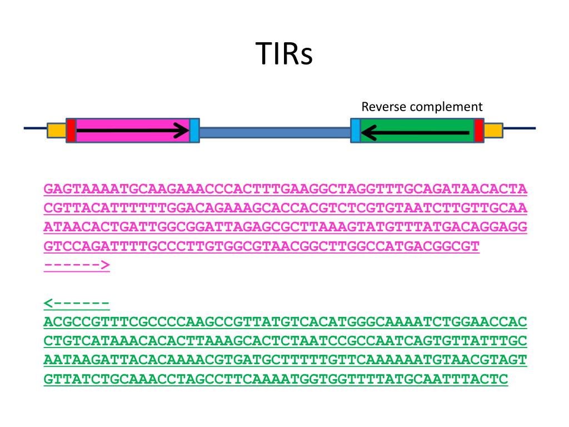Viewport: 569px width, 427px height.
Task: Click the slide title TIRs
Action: [x=284, y=54]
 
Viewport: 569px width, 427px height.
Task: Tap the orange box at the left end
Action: [x=56, y=130]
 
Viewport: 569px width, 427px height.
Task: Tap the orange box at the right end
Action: [x=493, y=130]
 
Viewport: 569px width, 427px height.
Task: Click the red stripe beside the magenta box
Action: [x=71, y=130]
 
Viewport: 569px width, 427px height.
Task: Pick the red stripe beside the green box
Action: [x=478, y=130]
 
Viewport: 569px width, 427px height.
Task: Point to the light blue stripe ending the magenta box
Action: [x=194, y=130]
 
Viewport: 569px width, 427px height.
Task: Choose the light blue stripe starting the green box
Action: [x=355, y=130]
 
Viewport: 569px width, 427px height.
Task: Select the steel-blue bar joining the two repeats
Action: [x=274, y=132]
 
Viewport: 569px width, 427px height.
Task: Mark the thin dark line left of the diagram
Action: [x=35, y=128]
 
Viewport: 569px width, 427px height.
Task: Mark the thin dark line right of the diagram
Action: [x=519, y=128]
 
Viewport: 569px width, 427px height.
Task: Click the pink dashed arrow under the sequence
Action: [x=77, y=265]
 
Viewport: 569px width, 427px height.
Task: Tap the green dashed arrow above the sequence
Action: [x=76, y=303]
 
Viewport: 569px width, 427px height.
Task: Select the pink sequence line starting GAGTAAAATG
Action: [x=285, y=190]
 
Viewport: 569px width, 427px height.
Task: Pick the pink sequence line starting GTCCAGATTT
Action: [x=261, y=246]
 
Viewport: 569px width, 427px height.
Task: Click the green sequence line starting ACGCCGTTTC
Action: [x=285, y=322]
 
